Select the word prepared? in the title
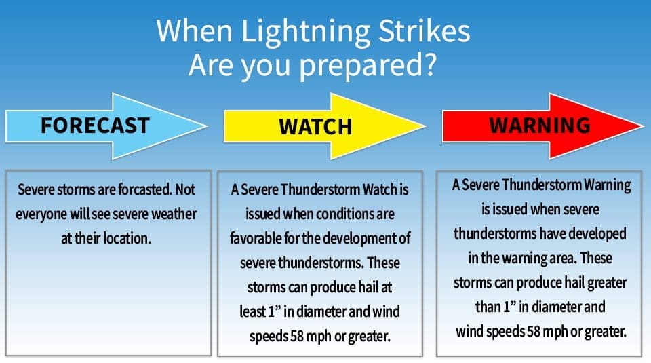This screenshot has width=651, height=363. coord(365,65)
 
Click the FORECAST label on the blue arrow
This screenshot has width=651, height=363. coord(94,126)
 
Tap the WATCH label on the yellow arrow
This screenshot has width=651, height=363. coord(315,127)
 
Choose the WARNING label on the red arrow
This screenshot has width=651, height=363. coord(540,126)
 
